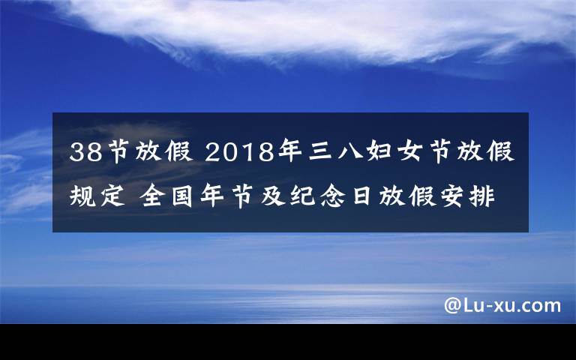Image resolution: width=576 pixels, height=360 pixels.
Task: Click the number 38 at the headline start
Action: [x=85, y=154]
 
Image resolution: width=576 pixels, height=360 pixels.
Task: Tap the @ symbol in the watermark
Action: [x=453, y=305]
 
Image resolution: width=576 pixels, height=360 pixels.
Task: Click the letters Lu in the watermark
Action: [x=472, y=305]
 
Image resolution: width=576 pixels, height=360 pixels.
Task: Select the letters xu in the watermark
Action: [x=502, y=306]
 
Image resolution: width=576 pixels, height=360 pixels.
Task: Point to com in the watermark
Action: [x=541, y=306]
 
